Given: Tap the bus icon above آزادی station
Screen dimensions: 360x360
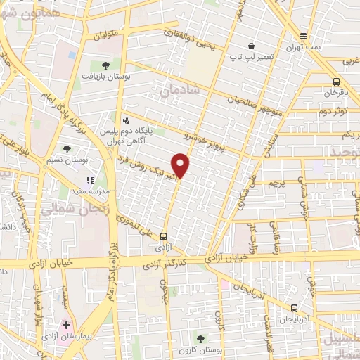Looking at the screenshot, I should pos(164,236).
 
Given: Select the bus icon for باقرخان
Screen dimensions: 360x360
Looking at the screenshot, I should pos(337,81).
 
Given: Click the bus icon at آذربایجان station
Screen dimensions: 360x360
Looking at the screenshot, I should pos(294,307).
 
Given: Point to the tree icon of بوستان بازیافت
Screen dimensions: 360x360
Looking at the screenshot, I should pos(105,65).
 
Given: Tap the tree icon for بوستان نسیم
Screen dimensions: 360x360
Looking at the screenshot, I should pos(67,149).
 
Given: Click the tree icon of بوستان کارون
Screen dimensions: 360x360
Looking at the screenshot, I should pos(201,339).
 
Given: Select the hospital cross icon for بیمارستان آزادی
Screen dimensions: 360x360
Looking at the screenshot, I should pos(66,326).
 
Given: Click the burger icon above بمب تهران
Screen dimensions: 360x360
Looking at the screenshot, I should pos(303,36).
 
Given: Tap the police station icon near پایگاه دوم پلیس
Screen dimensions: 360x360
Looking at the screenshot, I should pos(125,120).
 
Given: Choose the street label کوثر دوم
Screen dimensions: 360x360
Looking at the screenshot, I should pos(333,111).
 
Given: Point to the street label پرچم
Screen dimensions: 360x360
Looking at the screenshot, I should pos(278,184).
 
